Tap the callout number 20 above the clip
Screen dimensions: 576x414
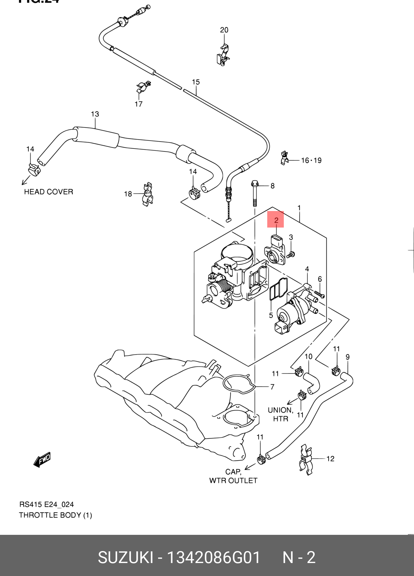(x=224, y=30)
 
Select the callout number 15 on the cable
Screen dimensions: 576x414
(x=195, y=82)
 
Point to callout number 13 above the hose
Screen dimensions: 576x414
(x=95, y=114)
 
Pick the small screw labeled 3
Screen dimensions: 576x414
(x=291, y=254)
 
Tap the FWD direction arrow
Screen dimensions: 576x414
(x=42, y=460)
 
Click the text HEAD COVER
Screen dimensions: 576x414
(x=49, y=192)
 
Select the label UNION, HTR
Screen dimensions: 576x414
(x=281, y=414)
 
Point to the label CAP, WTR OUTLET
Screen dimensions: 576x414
(x=233, y=476)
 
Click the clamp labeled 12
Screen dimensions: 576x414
(x=306, y=459)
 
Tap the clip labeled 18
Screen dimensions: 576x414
(x=147, y=194)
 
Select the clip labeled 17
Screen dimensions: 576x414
(x=143, y=87)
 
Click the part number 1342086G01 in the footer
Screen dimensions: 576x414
(x=213, y=558)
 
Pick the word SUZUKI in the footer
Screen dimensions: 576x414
(x=125, y=558)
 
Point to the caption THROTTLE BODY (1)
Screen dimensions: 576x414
(x=56, y=515)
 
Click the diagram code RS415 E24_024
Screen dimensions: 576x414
(x=46, y=504)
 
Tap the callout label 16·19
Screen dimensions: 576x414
(x=311, y=160)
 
